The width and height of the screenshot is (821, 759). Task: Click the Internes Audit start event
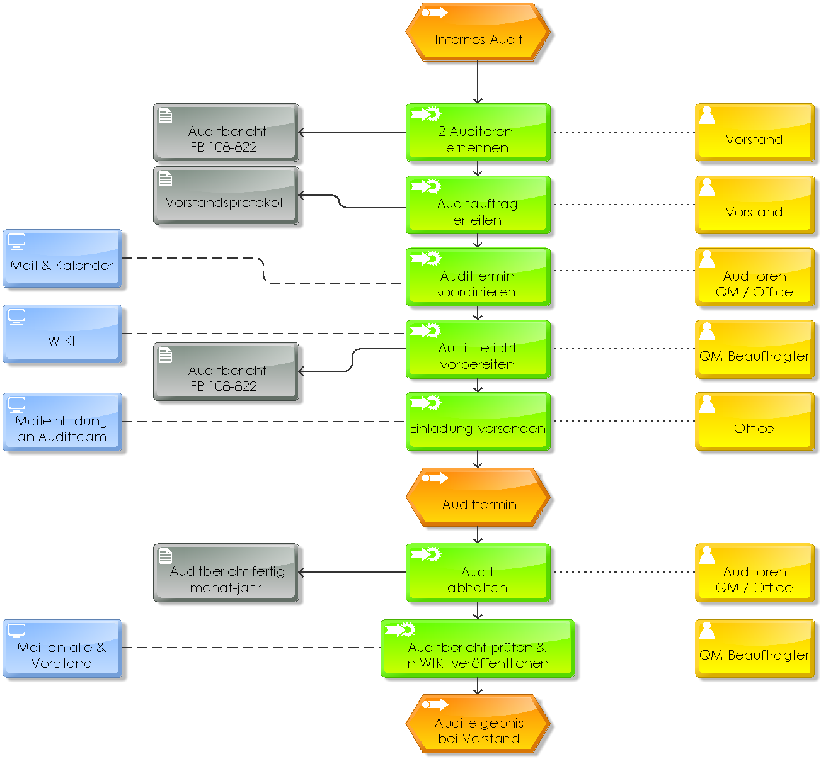(478, 32)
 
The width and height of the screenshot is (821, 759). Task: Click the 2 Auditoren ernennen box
(478, 133)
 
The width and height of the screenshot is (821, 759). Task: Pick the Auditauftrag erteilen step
(478, 205)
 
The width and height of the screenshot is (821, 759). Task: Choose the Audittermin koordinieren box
(478, 277)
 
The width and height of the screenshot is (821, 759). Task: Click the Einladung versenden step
(478, 421)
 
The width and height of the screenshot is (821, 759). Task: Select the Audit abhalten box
(478, 573)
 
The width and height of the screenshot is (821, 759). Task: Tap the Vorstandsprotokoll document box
(226, 196)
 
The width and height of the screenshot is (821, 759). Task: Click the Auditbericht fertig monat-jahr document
(226, 573)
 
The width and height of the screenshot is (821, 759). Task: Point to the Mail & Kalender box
(62, 259)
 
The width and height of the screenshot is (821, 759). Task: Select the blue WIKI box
(62, 334)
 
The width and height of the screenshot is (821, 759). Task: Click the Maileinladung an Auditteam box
(62, 422)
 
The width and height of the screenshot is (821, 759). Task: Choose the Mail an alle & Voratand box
(62, 648)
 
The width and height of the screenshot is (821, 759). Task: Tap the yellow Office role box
(755, 421)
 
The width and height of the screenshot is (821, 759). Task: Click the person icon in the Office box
(707, 404)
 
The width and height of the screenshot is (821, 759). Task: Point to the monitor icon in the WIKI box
(16, 317)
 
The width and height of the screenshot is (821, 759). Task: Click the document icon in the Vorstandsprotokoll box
(165, 179)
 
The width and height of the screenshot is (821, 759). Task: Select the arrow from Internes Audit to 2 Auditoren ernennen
(478, 82)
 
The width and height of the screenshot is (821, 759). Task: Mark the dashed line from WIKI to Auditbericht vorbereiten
(264, 334)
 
